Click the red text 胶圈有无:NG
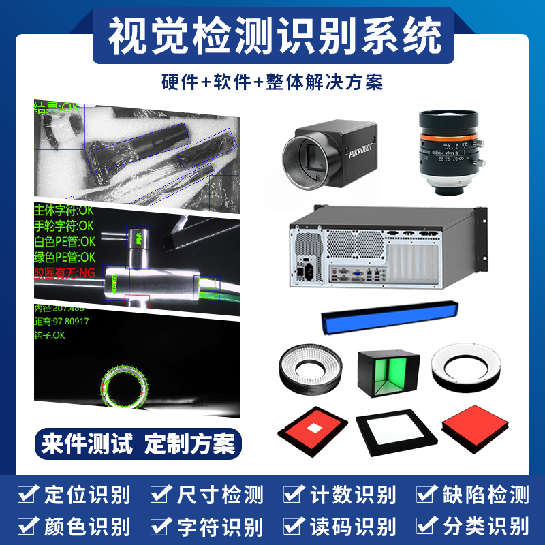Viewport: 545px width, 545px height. [x=65, y=274]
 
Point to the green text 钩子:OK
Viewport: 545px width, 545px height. [x=50, y=335]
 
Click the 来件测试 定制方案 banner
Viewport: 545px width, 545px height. [x=138, y=444]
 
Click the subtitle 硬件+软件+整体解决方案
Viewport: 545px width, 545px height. [x=272, y=82]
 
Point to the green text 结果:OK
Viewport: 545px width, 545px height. [x=56, y=108]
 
